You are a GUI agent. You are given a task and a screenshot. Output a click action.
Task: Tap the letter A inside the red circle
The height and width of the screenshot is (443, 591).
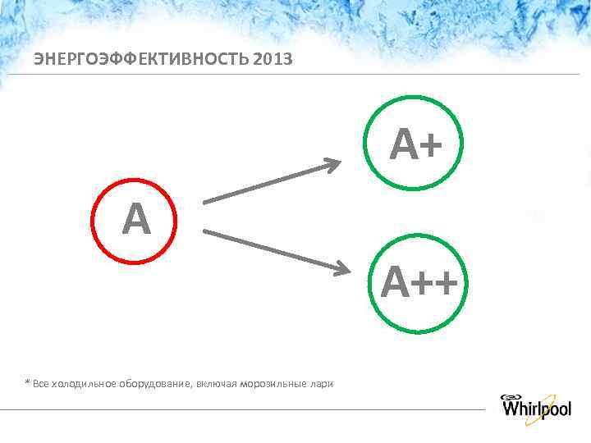pos(136,219)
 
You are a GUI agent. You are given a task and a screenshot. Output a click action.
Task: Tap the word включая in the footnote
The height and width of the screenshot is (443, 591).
pos(215,384)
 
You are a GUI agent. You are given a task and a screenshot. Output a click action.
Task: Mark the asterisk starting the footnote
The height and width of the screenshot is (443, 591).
pos(27,382)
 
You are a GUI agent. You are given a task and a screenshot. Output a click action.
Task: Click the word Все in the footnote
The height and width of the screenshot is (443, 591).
pos(40,384)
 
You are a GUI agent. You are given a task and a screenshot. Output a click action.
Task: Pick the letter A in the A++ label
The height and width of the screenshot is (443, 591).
pos(395,284)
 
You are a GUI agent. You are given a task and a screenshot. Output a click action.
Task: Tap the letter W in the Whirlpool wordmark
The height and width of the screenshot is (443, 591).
pos(512,408)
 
